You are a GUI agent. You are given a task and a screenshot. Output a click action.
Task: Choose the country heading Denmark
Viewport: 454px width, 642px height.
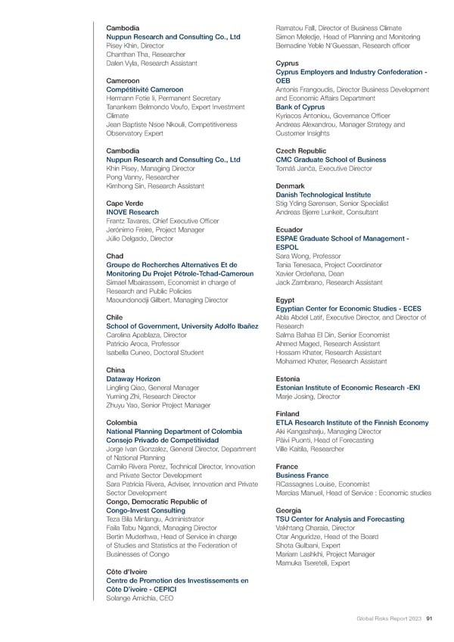[294, 185]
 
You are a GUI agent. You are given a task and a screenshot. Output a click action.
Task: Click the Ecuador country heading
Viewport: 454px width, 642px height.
[291, 229]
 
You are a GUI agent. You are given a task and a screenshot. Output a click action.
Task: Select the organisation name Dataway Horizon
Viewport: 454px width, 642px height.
[133, 379]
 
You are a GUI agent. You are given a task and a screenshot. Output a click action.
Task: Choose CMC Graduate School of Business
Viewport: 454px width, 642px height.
[331, 160]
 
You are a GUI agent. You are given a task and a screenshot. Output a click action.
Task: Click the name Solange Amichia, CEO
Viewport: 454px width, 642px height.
[138, 598]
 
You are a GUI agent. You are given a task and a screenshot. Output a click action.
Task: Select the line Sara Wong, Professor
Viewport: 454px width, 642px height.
[309, 256]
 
